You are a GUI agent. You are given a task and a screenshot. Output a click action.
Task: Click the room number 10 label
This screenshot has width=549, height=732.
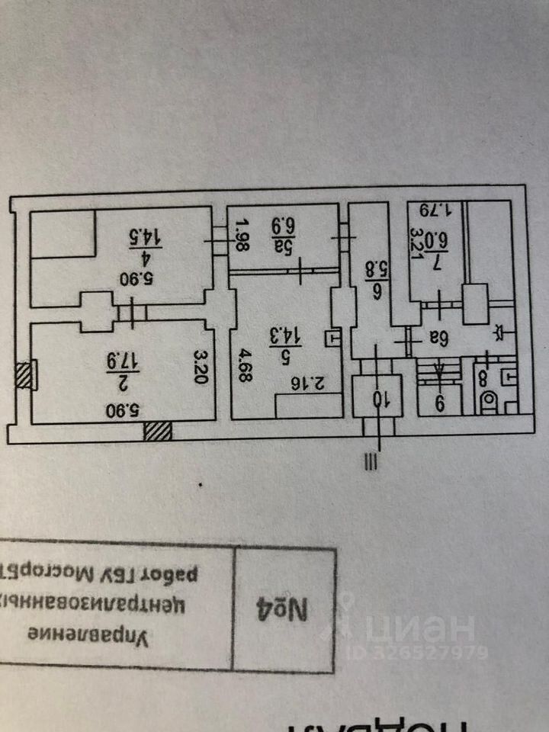(x=377, y=400)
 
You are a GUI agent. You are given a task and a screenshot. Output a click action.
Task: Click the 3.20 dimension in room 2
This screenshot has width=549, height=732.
(x=201, y=367)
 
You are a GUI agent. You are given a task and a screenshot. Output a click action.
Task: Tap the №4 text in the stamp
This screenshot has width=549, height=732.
(x=290, y=612)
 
